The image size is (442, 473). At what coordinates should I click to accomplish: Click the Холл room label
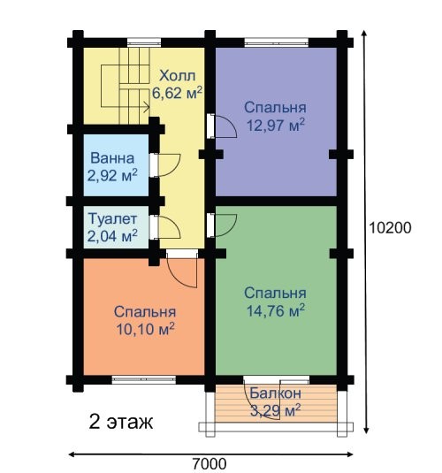[x=178, y=76]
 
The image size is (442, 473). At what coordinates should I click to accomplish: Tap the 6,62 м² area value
[x=177, y=93]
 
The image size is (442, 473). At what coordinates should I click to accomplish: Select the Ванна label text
[x=112, y=158]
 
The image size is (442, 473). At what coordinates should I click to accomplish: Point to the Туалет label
[x=113, y=218]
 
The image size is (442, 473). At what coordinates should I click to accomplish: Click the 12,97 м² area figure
[x=276, y=125]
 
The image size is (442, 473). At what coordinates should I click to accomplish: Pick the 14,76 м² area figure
[x=276, y=310]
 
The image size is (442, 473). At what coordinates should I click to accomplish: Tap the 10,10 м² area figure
[x=145, y=329]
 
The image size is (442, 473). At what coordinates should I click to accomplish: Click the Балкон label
[x=275, y=393]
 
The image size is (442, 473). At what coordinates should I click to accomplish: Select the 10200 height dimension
[x=390, y=228]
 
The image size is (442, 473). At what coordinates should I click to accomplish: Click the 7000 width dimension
[x=210, y=464]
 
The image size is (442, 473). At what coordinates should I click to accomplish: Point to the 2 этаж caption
[x=121, y=422]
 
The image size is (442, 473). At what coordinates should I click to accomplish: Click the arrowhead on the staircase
[x=147, y=107]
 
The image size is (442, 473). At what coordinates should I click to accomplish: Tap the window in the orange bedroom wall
[x=143, y=379]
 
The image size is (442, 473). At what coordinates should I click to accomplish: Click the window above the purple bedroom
[x=276, y=42]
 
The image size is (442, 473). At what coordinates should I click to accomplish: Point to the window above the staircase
[x=144, y=42]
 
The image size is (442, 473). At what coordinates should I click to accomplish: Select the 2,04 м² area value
[x=112, y=235]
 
